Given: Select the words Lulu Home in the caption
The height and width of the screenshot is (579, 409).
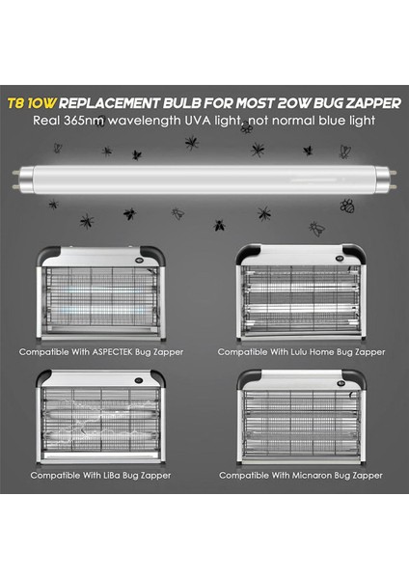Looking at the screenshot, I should click(x=295, y=352).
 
